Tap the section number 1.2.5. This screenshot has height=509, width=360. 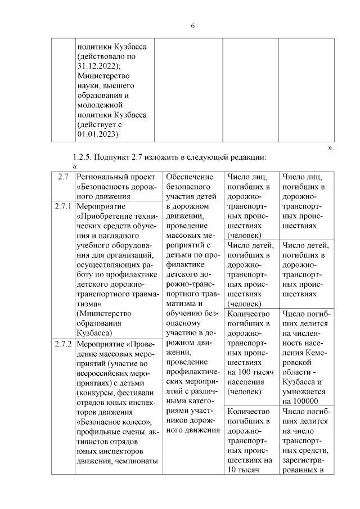pos(84,157)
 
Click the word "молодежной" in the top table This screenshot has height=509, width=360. pos(100,105)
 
